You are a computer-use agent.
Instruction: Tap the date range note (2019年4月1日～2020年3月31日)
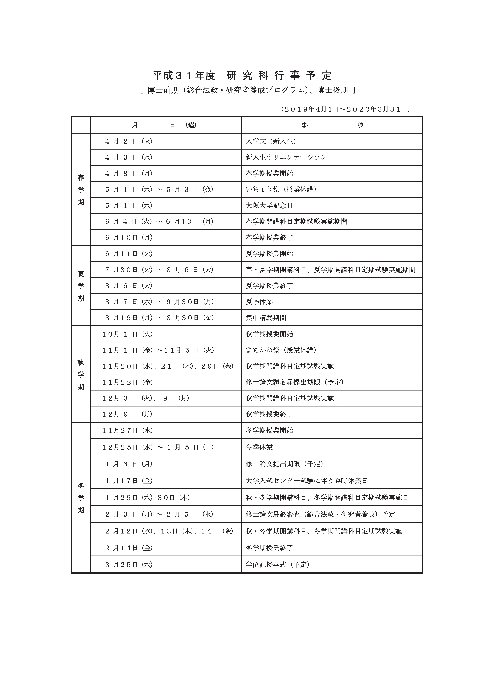[345, 109]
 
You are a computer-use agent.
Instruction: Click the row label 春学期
[81, 190]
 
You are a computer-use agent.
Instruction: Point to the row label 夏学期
[81, 286]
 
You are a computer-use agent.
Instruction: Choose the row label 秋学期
[81, 375]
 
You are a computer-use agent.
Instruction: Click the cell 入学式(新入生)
[271, 141]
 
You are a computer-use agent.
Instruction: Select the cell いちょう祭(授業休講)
[281, 189]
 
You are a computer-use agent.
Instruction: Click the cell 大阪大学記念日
[269, 206]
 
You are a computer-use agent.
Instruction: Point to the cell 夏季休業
[259, 302]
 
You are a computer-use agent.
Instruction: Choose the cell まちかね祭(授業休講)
[281, 350]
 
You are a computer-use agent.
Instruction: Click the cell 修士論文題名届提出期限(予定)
[294, 382]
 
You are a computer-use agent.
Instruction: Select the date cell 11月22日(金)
[127, 382]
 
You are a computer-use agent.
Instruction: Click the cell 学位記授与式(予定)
[277, 564]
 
